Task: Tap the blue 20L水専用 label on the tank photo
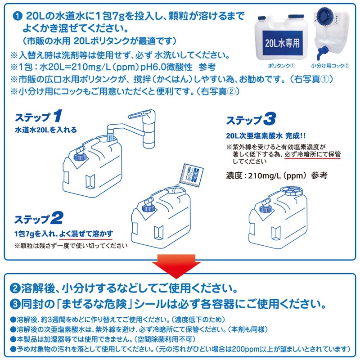(x=283, y=45)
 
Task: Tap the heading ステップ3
(x=250, y=120)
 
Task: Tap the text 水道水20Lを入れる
(x=46, y=130)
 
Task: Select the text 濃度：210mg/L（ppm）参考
(x=275, y=175)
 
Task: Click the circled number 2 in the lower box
(x=14, y=288)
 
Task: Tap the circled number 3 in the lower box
(x=14, y=304)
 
